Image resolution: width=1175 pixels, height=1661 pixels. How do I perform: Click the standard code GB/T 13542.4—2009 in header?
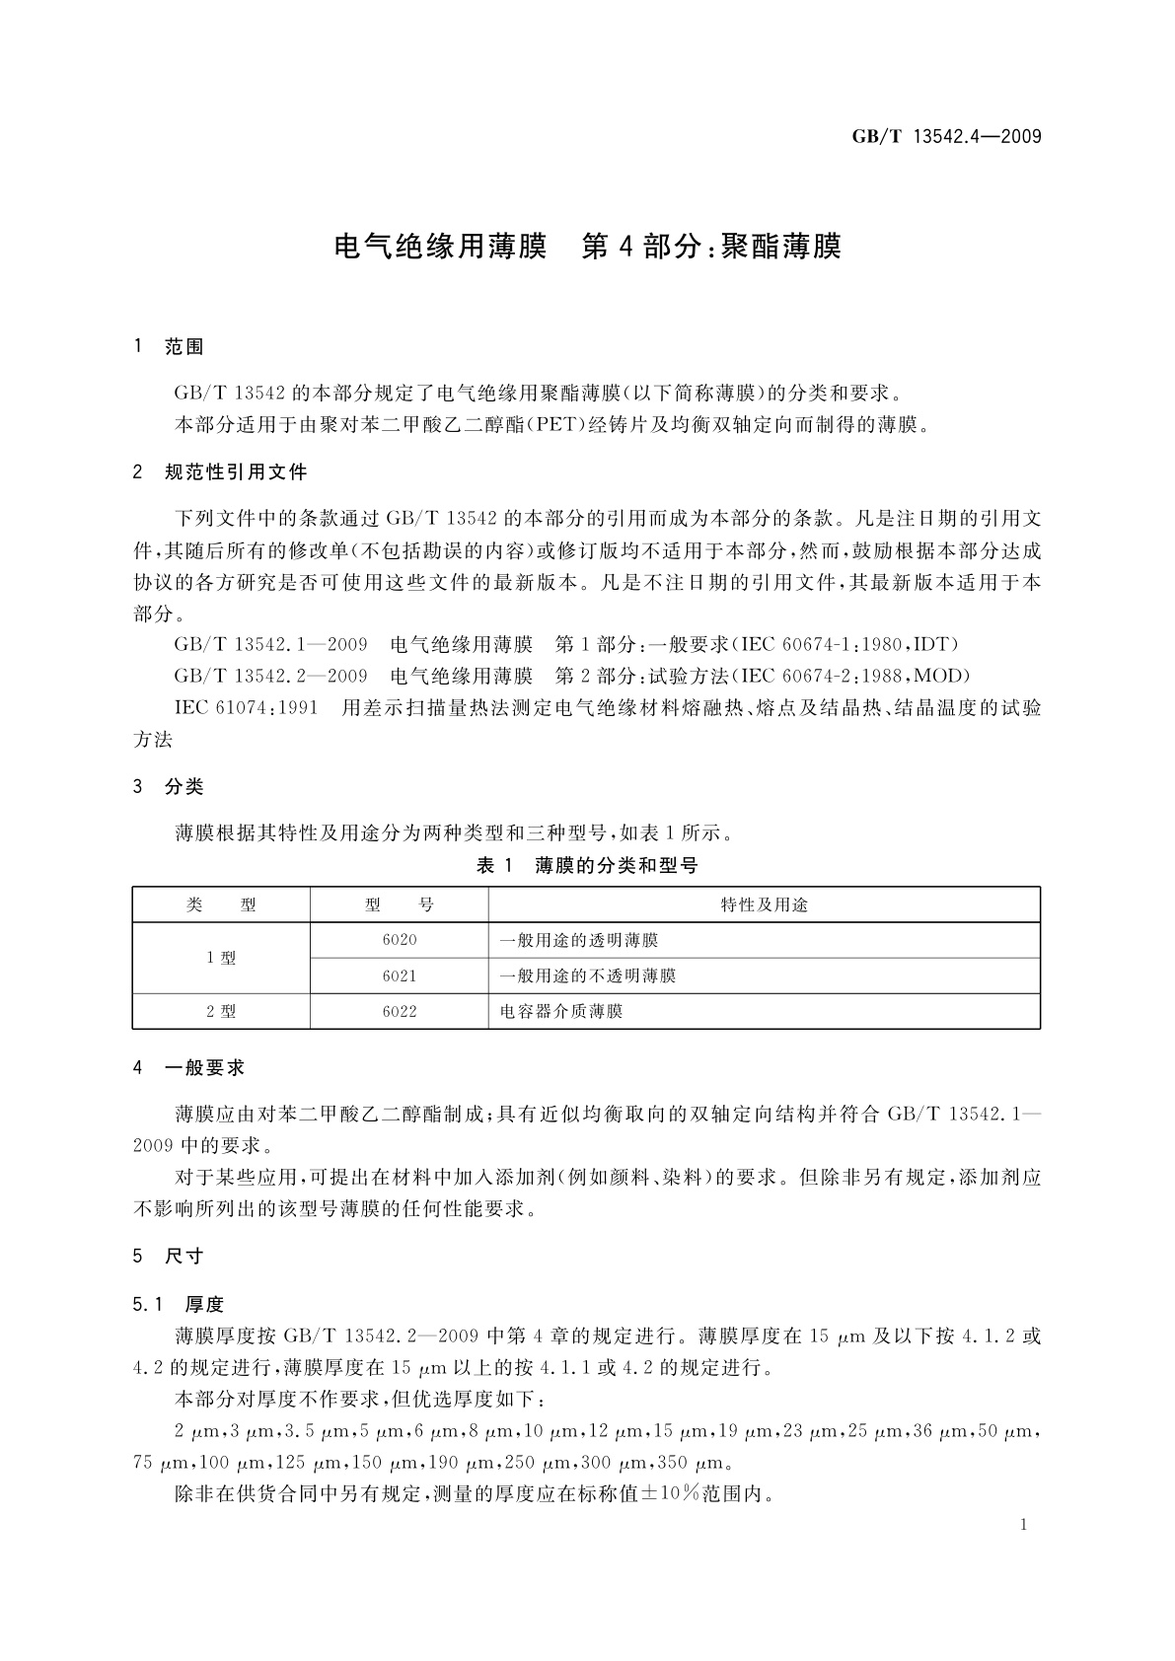pyautogui.click(x=946, y=137)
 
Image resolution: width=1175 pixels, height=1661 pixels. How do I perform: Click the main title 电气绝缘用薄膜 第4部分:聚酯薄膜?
pyautogui.click(x=588, y=246)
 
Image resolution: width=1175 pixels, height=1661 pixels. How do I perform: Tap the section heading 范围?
pyautogui.click(x=184, y=347)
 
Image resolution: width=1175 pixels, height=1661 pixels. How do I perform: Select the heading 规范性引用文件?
pyautogui.click(x=236, y=472)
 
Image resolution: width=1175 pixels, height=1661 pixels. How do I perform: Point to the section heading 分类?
pyautogui.click(x=184, y=787)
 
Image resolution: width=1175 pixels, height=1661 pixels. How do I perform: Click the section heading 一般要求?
pyautogui.click(x=204, y=1067)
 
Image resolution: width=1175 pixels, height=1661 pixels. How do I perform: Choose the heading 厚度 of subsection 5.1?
pyautogui.click(x=204, y=1305)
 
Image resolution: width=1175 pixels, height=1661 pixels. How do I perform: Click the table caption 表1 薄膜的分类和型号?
pyautogui.click(x=587, y=866)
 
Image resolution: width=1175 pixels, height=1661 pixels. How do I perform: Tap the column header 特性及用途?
pyautogui.click(x=764, y=904)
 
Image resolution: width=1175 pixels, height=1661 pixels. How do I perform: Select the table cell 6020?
pyautogui.click(x=399, y=940)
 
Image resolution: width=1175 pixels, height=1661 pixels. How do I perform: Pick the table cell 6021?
pyautogui.click(x=399, y=975)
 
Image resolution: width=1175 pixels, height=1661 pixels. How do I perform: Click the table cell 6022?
pyautogui.click(x=399, y=1011)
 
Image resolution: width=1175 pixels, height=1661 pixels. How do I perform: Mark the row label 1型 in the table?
pyautogui.click(x=221, y=958)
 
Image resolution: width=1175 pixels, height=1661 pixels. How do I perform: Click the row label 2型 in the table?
pyautogui.click(x=221, y=1011)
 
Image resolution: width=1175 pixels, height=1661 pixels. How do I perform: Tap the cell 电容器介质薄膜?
pyautogui.click(x=561, y=1011)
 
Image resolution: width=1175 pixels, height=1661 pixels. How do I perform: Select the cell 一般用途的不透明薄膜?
pyautogui.click(x=588, y=975)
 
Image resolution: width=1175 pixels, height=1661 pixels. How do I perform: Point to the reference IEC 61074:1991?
pyautogui.click(x=246, y=708)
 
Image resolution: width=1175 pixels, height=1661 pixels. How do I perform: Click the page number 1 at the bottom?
pyautogui.click(x=1024, y=1525)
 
